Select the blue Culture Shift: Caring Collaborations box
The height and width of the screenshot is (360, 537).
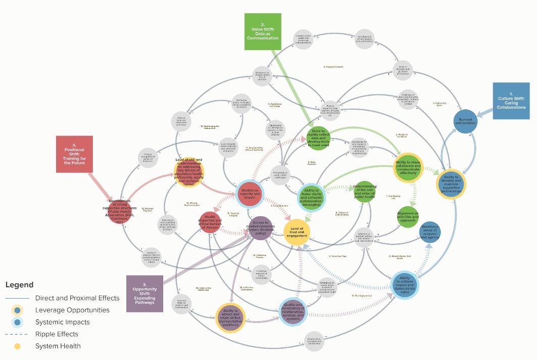(511, 101)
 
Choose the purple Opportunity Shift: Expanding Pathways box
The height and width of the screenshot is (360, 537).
(144, 293)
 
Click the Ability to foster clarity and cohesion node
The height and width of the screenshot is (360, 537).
(313, 195)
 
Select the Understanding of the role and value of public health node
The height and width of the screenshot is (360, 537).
(364, 192)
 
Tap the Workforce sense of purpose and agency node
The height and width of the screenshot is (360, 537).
(430, 233)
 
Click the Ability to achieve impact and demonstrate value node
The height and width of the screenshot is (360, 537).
(405, 285)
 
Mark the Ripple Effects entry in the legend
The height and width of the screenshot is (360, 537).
(57, 334)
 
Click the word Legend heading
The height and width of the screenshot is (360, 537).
(20, 285)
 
